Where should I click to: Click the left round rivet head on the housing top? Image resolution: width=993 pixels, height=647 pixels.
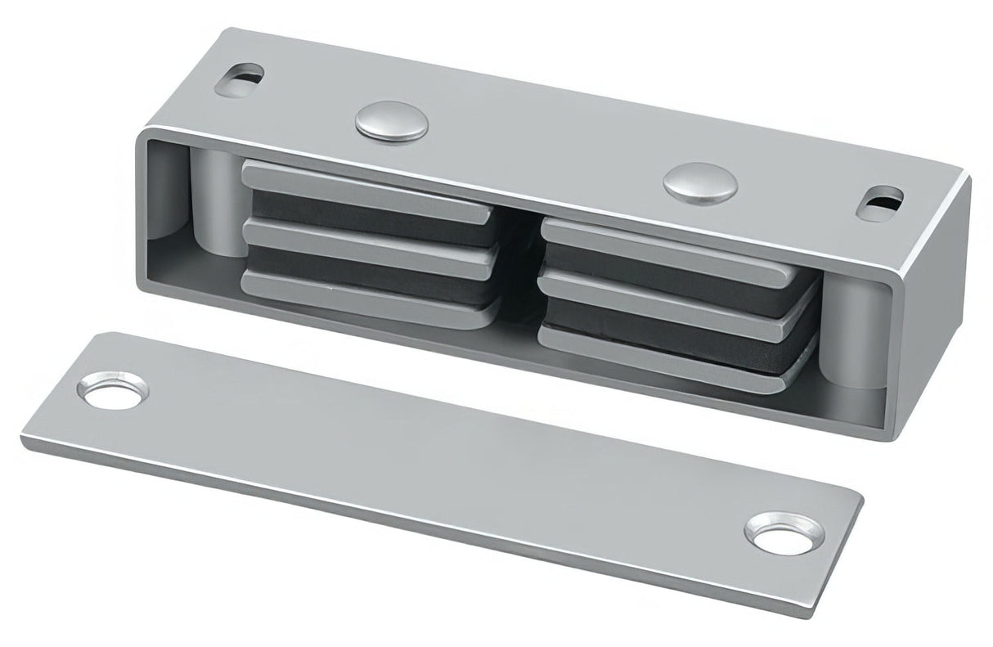point(393,121)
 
